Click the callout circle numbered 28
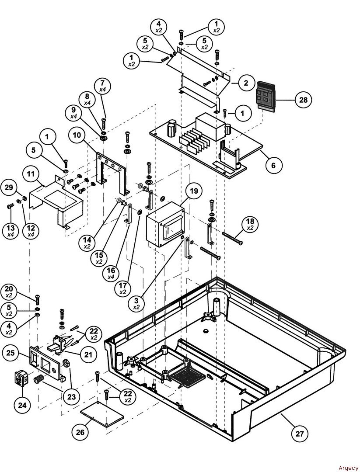tap(302, 100)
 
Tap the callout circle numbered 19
tap(194, 191)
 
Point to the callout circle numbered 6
tap(273, 165)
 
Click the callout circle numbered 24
tap(21, 405)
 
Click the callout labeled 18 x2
tap(250, 225)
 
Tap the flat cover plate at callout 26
tap(101, 414)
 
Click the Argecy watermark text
tap(348, 468)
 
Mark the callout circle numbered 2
tap(246, 83)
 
